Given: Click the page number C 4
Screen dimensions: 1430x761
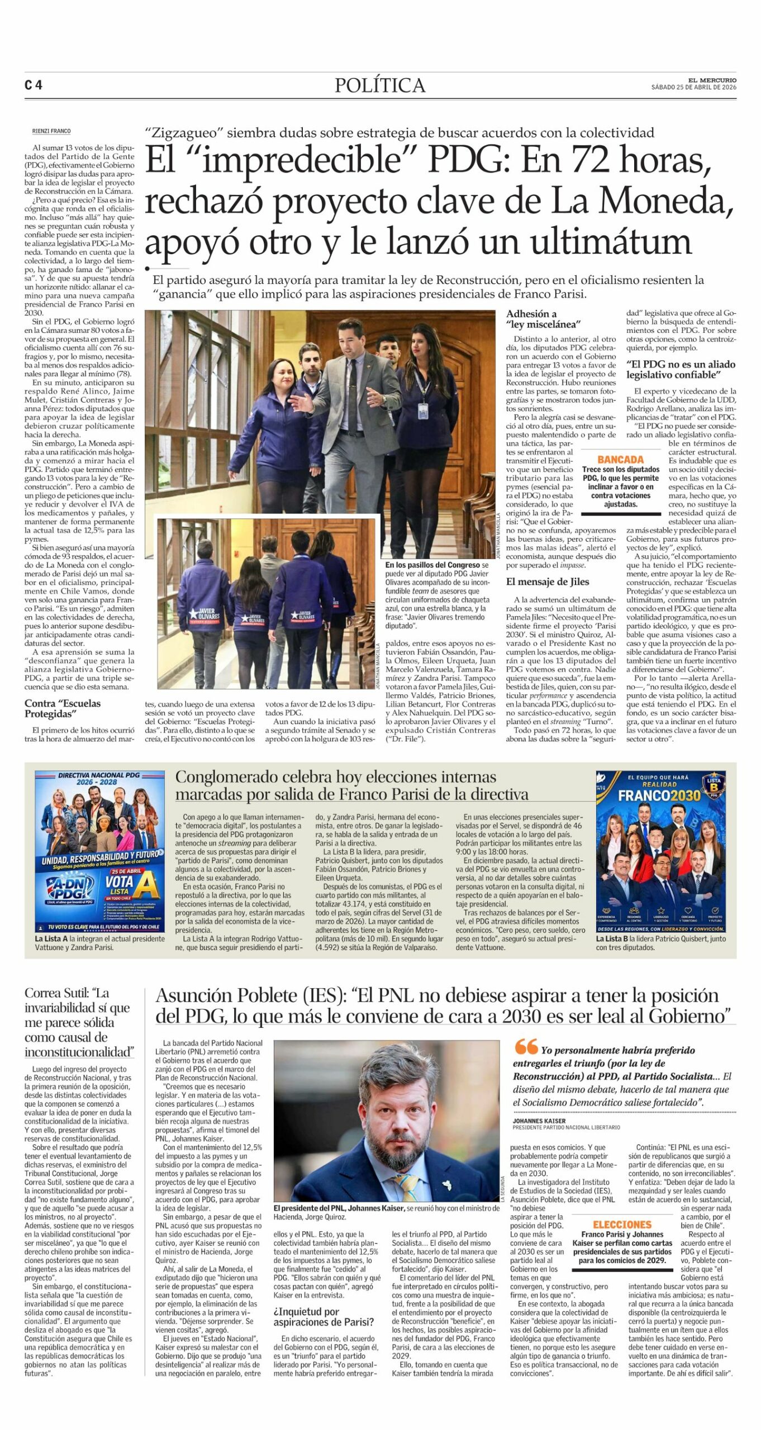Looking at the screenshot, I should click(34, 85).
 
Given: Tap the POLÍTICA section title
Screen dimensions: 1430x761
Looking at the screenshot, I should click(380, 85).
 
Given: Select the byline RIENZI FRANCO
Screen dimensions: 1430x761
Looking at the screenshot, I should click(51, 131).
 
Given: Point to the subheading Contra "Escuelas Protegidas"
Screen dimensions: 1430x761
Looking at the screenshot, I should click(63, 708).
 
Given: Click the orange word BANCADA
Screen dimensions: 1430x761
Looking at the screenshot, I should click(620, 459).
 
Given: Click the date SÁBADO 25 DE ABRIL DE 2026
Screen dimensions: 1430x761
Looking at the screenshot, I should click(693, 87).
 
